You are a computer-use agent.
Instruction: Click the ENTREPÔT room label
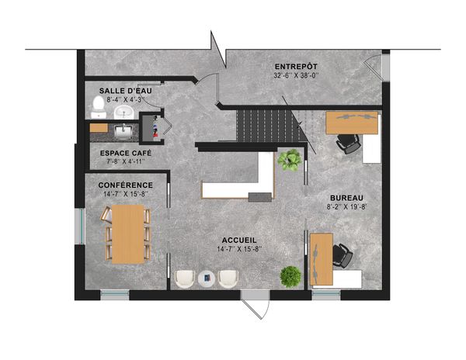296,67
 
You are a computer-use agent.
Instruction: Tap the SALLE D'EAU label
125,91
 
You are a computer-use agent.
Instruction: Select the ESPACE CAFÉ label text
126,153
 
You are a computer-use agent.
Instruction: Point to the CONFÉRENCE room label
125,185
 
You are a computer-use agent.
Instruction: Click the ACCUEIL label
239,241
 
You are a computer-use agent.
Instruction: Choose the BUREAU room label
346,198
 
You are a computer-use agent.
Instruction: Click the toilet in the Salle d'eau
99,107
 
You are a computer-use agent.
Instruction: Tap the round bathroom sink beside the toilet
124,112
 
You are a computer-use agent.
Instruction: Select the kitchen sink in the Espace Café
123,132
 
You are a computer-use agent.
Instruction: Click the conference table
128,234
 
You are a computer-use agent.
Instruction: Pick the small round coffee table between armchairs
207,279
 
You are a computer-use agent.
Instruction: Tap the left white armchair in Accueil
185,279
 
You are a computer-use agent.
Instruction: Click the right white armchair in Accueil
228,279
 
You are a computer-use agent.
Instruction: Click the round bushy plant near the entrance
290,277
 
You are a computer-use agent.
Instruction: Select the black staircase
267,126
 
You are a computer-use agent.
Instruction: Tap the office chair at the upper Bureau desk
348,144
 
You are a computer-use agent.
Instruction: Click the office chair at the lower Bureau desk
343,255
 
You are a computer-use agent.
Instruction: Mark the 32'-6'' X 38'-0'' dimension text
296,75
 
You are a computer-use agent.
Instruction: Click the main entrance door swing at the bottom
256,309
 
